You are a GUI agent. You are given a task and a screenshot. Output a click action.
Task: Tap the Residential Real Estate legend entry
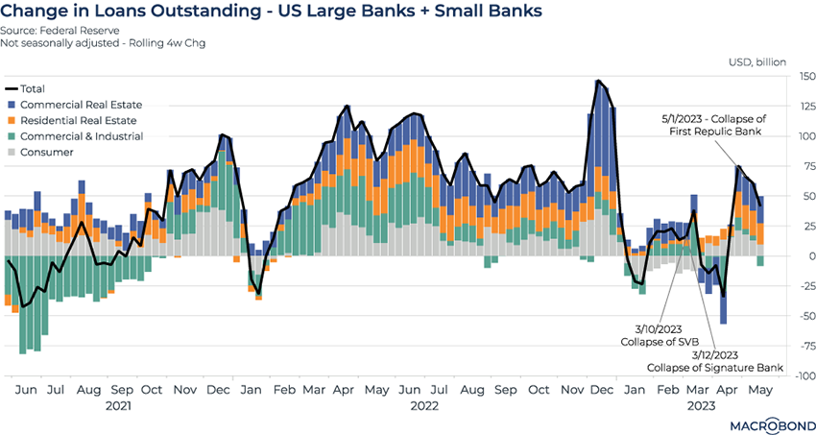77,121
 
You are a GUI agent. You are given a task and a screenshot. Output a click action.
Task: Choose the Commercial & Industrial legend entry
81,136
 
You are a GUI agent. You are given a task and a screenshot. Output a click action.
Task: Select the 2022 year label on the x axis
424,406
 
